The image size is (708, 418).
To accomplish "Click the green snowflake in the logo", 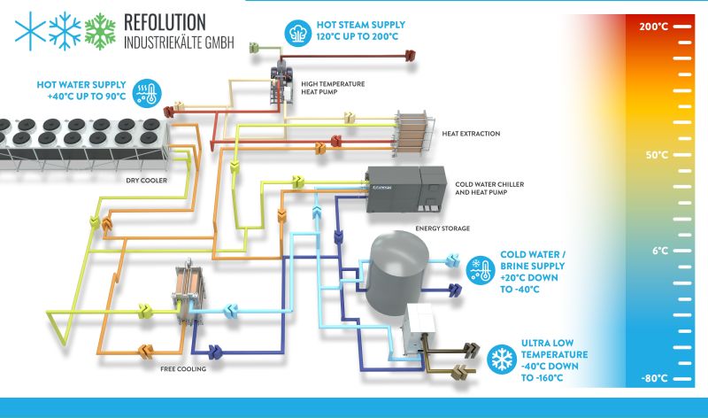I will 100,30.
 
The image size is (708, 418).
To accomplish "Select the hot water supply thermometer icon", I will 144,93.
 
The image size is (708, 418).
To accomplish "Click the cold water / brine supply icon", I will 481,269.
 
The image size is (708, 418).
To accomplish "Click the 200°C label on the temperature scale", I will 655,27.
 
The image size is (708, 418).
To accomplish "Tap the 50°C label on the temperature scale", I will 655,155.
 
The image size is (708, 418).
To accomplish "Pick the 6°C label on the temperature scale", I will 658,251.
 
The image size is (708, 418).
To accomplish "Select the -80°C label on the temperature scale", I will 655,380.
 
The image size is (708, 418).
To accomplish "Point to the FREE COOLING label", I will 183,369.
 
